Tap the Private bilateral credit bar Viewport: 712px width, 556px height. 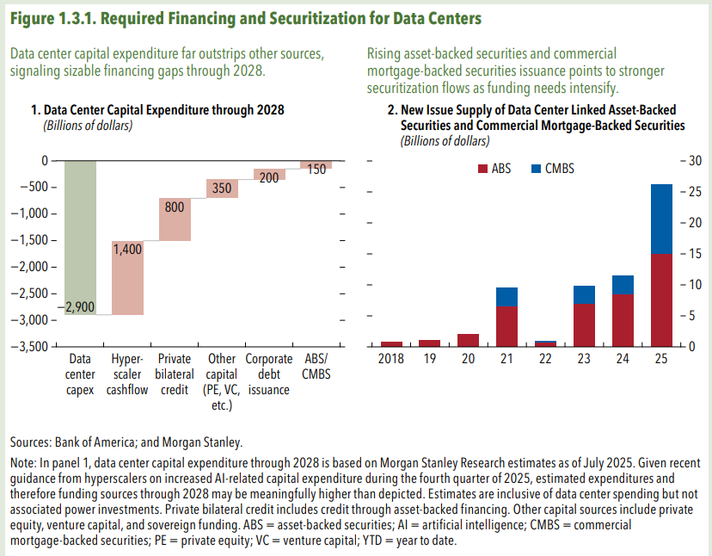[x=175, y=219]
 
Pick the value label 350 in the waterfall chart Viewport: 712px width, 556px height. [x=222, y=188]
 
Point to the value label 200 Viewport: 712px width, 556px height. [x=269, y=176]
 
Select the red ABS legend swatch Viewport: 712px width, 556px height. [x=480, y=169]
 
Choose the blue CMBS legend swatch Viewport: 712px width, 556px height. [x=537, y=169]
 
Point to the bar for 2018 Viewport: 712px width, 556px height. [x=391, y=343]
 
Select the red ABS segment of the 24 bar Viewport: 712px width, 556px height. [x=623, y=319]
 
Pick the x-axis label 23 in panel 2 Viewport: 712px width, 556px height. [x=584, y=359]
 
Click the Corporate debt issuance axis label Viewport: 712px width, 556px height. [x=268, y=374]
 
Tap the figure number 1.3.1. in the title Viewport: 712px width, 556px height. [x=84, y=18]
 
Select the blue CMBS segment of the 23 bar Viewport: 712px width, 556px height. [x=584, y=295]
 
